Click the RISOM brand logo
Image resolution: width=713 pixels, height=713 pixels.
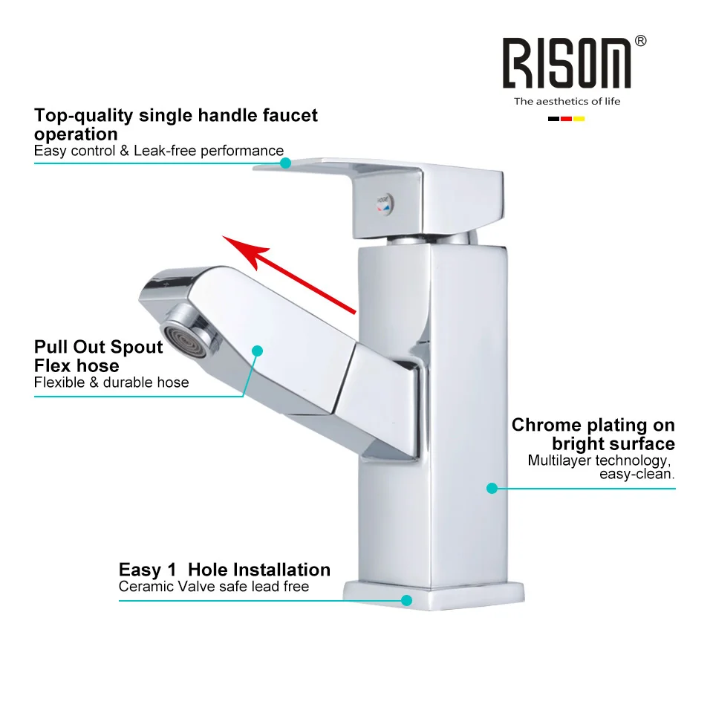coord(566,63)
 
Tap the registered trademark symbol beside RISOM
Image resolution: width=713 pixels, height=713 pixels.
coord(641,41)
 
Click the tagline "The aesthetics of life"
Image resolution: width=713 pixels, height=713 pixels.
coord(567,101)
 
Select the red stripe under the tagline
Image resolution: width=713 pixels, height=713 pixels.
coord(566,119)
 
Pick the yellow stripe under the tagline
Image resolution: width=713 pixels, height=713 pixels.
coord(579,119)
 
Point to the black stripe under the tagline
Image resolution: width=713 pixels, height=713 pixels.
coord(553,119)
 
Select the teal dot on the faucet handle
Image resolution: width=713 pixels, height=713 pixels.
coord(285,163)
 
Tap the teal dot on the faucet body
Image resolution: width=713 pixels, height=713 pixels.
coord(492,488)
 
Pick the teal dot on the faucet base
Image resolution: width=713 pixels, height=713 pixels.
coord(406,599)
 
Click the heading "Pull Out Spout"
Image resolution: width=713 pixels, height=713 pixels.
coord(98,347)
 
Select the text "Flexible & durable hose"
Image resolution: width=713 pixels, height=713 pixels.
coord(111,382)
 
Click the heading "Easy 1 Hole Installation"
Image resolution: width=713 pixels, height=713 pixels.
coord(224,570)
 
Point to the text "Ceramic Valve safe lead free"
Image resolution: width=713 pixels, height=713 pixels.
coord(214,587)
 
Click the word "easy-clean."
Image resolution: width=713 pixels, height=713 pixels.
coord(637,475)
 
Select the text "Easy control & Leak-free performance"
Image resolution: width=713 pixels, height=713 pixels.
coord(159,151)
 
